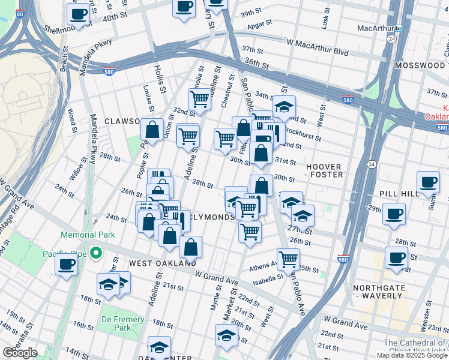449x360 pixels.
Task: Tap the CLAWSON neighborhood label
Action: click(122, 121)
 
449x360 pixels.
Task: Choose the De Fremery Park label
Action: click(123, 323)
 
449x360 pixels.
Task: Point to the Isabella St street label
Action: click(268, 278)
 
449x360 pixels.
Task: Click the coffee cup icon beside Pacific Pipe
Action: click(66, 263)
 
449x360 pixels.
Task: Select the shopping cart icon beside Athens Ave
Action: click(289, 259)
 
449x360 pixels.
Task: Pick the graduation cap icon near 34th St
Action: click(284, 107)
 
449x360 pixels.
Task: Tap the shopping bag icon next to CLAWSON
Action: click(152, 128)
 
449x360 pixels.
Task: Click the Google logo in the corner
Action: click(20, 352)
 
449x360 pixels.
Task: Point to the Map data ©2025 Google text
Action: click(411, 355)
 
